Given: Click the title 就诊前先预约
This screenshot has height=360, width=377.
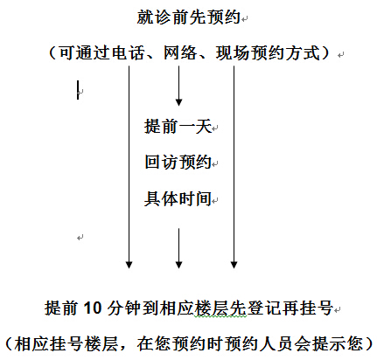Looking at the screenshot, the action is coord(189,17).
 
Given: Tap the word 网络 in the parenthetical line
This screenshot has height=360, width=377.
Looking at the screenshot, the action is coord(180,53).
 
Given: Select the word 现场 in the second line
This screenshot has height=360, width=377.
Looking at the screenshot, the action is coord(233,53).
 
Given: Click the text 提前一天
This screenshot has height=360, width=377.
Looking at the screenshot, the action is coord(178,127).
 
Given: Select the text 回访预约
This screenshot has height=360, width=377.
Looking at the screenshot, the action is coord(178,162).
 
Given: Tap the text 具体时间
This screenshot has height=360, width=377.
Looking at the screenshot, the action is coord(178,198).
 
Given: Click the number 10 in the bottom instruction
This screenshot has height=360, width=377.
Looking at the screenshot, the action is coord(93,308).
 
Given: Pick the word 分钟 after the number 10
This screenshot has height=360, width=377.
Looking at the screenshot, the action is coord(124,308).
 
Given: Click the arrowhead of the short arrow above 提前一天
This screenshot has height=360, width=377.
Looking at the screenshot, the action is coord(178,102).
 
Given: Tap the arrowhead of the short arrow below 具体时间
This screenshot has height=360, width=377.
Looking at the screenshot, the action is coord(178,265).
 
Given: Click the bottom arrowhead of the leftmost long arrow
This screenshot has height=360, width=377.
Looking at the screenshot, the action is coord(129,265).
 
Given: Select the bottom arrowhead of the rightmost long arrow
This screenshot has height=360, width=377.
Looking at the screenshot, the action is coord(234,265).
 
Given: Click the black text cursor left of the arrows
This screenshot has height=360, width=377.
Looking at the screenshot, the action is coord(78,90).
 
